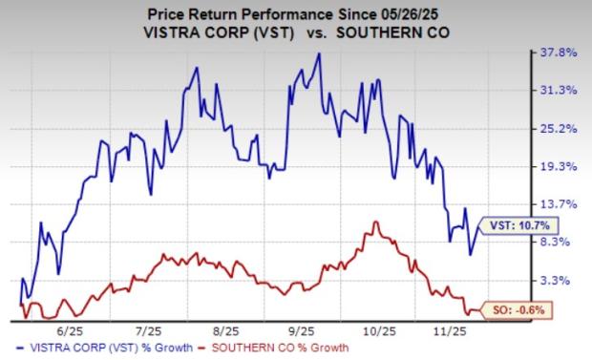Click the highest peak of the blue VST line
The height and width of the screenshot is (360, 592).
(319, 53)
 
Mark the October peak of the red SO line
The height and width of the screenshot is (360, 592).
(376, 222)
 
